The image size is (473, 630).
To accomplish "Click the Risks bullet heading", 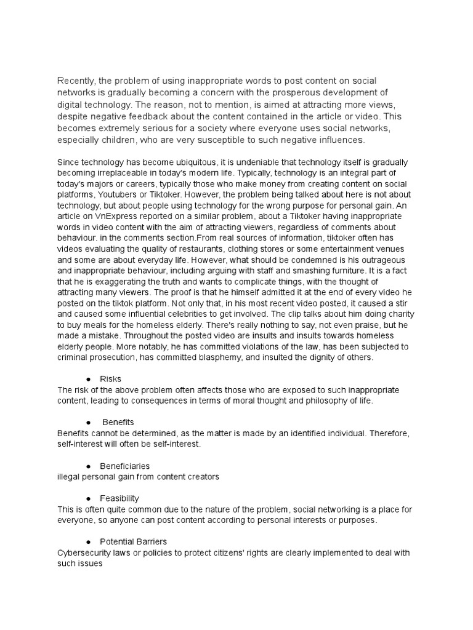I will tap(118, 379).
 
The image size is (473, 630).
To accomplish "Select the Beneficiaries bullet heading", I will tap(128, 466).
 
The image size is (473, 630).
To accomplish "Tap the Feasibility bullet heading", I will tap(123, 498).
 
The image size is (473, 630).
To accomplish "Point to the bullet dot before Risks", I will tap(90, 379).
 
